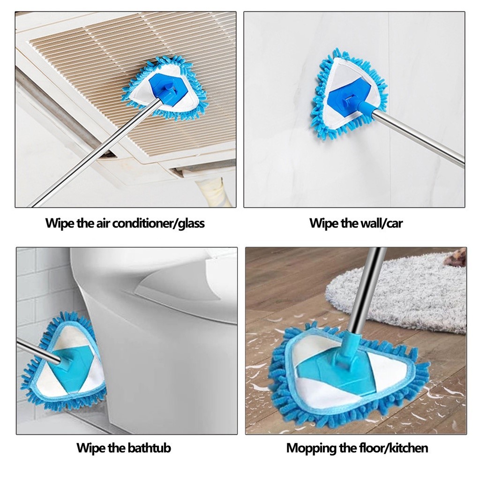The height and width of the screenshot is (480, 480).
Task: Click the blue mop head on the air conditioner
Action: [165, 89]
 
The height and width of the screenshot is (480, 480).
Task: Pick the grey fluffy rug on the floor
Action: [398, 291]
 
